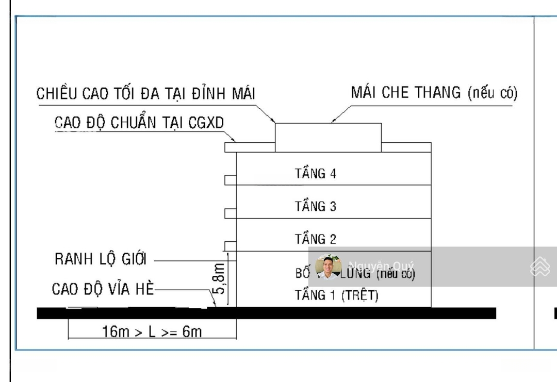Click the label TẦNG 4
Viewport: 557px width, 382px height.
click(315, 174)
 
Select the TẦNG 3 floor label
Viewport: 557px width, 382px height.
click(315, 207)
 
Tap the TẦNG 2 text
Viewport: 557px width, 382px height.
click(315, 239)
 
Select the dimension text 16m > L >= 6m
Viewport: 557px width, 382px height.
click(150, 331)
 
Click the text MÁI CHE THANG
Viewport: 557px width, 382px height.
click(406, 93)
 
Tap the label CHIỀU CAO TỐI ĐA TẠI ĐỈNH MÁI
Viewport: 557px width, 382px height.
click(146, 94)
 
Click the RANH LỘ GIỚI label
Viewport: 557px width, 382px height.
click(101, 260)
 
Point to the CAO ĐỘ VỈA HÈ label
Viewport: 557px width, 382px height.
click(103, 289)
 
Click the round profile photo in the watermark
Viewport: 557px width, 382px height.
click(328, 267)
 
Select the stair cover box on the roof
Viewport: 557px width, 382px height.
click(328, 138)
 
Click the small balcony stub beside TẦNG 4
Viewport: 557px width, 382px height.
click(231, 179)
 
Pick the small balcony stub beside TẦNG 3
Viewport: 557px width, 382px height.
click(231, 212)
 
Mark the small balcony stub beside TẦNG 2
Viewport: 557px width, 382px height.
click(231, 245)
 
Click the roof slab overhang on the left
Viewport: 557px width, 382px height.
click(231, 147)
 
